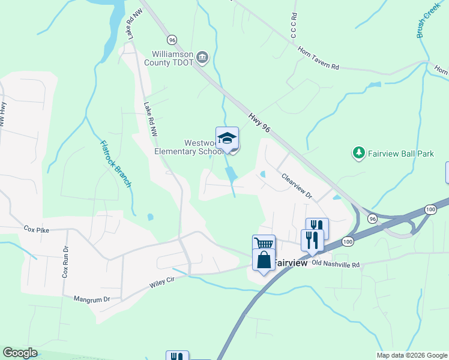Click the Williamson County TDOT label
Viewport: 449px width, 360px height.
tap(173, 58)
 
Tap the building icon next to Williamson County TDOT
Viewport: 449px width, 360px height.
tap(202, 58)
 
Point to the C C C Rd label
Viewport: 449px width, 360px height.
tap(294, 25)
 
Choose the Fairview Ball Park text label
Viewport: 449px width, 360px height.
tap(400, 154)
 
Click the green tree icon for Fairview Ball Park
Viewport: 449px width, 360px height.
tap(359, 154)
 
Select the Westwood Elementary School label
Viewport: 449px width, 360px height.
tap(188, 147)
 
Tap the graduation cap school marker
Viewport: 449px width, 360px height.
tap(227, 138)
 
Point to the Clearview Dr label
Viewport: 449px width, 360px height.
tap(297, 185)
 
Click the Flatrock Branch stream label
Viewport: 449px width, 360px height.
tap(115, 163)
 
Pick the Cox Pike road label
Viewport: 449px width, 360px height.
tap(36, 229)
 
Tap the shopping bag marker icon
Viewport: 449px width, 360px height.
tap(264, 260)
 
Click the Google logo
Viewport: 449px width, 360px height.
tap(20, 353)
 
